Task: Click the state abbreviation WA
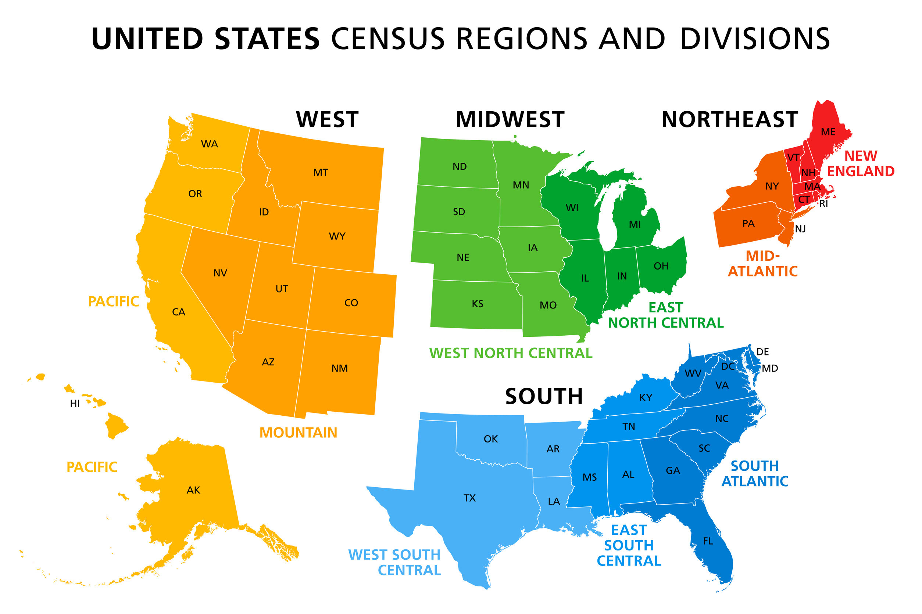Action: click(209, 144)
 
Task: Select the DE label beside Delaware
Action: click(762, 352)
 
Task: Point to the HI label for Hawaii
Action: click(75, 404)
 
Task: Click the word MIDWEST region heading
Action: click(510, 120)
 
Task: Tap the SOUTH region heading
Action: click(544, 397)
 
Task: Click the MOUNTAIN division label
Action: click(298, 433)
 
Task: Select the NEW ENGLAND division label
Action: click(861, 164)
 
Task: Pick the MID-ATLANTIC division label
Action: click(762, 264)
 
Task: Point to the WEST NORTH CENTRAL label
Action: click(510, 353)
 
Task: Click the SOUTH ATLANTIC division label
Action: click(755, 474)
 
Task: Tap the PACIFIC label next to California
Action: click(113, 301)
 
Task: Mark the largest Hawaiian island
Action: click(116, 426)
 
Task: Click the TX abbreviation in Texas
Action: click(469, 498)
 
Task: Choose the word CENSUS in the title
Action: click(388, 39)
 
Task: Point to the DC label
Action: click(728, 366)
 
